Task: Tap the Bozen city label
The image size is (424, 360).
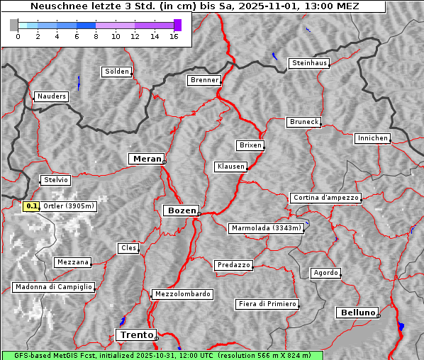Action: (x=181, y=210)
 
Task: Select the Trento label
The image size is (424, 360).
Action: (x=135, y=334)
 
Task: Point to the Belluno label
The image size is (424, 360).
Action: (x=357, y=313)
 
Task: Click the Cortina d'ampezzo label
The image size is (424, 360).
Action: (x=325, y=198)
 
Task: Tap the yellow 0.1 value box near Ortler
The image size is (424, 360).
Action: (x=31, y=206)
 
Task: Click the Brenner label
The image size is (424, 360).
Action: (x=205, y=80)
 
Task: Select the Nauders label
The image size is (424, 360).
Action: (x=51, y=96)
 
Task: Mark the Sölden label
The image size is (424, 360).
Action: (x=117, y=72)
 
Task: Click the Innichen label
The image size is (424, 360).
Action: (x=372, y=138)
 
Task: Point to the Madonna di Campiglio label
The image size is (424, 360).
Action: (x=53, y=287)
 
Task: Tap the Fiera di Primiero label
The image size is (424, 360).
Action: (x=267, y=304)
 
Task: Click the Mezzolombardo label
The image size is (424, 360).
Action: (x=182, y=294)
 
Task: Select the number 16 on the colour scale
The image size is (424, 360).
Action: (x=173, y=36)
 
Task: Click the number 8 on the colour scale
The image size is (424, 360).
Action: (x=96, y=36)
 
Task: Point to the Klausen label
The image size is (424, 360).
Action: (x=230, y=167)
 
